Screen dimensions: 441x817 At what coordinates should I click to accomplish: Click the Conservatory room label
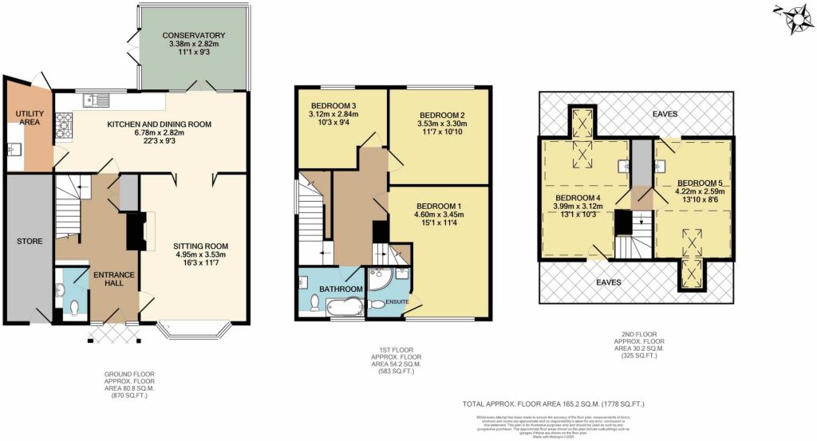193,36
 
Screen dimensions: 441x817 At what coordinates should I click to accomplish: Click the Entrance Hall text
112,280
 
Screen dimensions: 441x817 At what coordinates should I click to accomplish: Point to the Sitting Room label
203,246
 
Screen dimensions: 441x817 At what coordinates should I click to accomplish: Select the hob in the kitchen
63,124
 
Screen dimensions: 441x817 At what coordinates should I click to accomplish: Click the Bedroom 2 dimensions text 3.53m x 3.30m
440,124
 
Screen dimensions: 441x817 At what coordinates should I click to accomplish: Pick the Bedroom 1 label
440,204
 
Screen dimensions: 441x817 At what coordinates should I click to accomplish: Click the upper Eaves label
664,114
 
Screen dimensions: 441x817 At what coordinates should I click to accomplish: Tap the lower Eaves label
607,282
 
